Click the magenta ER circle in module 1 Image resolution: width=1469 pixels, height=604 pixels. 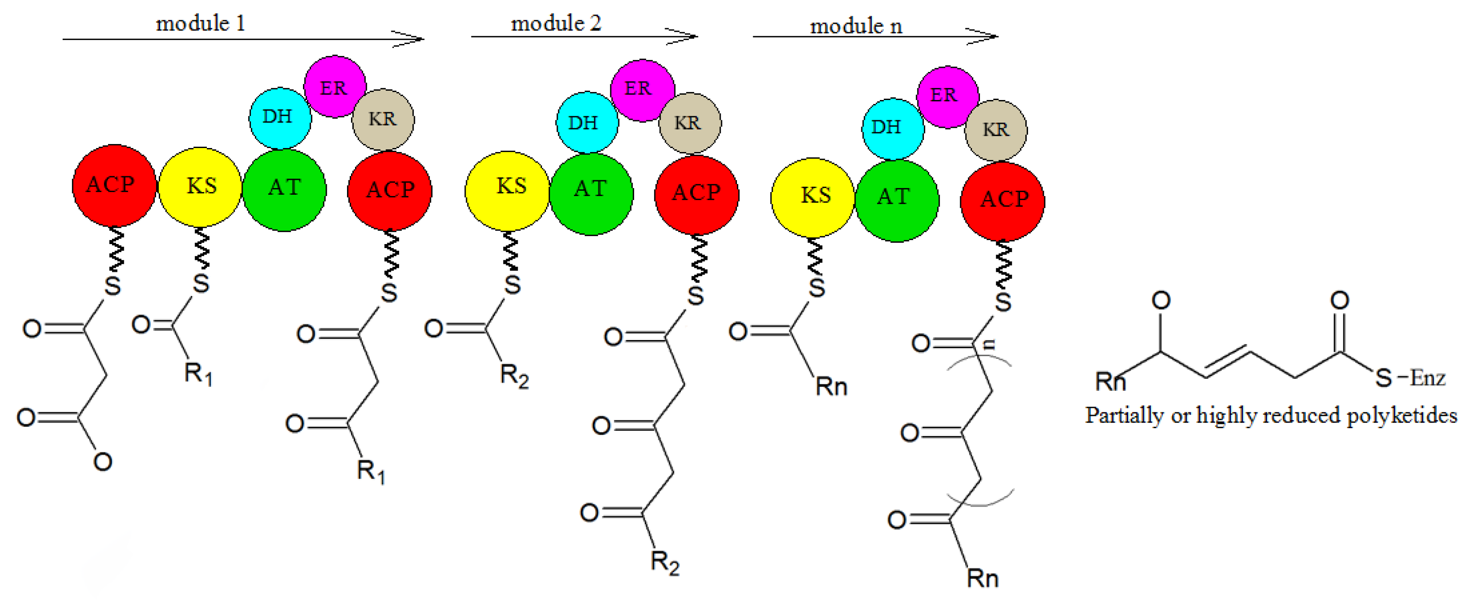(334, 87)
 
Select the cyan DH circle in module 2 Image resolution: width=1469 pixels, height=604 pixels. (586, 122)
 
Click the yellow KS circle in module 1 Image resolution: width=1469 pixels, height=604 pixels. (200, 186)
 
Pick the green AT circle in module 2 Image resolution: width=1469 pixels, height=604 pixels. (591, 193)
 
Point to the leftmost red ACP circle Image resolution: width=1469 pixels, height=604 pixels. (113, 185)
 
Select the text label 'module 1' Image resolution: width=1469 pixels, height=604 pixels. (200, 24)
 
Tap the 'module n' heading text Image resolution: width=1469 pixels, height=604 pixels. (856, 26)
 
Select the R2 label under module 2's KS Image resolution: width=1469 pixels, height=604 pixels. (514, 377)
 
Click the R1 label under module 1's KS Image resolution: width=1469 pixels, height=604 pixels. (198, 374)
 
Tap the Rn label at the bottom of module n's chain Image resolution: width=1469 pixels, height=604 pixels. (982, 578)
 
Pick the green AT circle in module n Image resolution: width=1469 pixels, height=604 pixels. (897, 200)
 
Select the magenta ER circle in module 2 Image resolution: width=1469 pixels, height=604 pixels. (642, 89)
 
